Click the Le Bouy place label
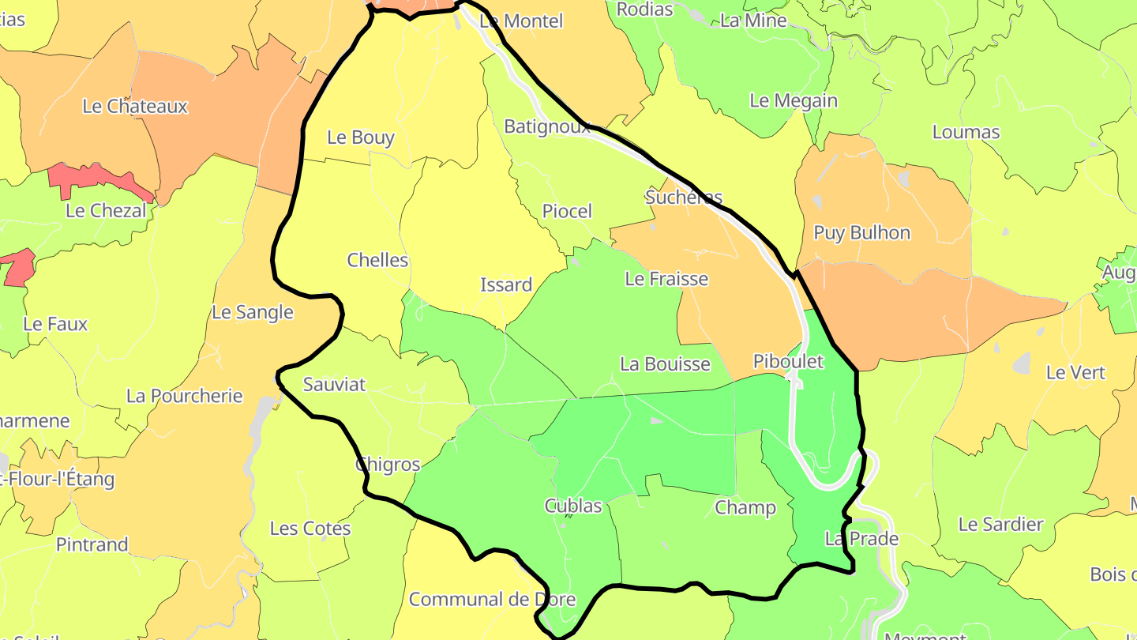[360, 137]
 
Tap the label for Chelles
[377, 260]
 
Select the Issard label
[506, 284]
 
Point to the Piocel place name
[567, 211]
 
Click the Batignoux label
[546, 126]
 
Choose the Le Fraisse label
[666, 279]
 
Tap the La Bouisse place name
[665, 364]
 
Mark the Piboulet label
[787, 362]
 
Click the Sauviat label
[335, 385]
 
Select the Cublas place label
[572, 506]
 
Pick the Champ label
[745, 507]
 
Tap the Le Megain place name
[793, 101]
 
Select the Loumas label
[966, 132]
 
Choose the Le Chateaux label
[135, 107]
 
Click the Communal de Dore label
[492, 600]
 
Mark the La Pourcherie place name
[184, 396]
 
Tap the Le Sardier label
[1000, 525]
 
